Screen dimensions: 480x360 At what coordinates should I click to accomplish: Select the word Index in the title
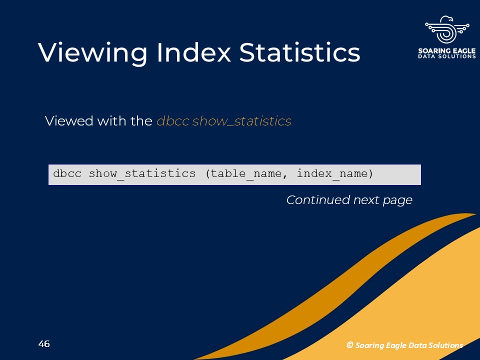pyautogui.click(x=193, y=52)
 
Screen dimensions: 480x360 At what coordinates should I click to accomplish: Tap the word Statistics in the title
pyautogui.click(x=299, y=52)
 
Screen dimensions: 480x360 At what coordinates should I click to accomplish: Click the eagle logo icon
pyautogui.click(x=447, y=30)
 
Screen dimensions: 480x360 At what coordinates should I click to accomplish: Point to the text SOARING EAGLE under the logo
pyautogui.click(x=447, y=50)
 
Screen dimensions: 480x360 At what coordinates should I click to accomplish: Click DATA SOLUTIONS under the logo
pyautogui.click(x=447, y=56)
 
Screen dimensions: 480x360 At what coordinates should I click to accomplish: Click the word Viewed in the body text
pyautogui.click(x=69, y=120)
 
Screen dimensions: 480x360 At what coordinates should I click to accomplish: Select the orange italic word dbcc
pyautogui.click(x=173, y=120)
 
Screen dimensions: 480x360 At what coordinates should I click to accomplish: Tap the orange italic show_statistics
pyautogui.click(x=242, y=121)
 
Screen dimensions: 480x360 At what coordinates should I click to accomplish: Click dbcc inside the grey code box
pyautogui.click(x=67, y=173)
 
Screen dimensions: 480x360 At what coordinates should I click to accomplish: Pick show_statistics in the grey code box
pyautogui.click(x=142, y=174)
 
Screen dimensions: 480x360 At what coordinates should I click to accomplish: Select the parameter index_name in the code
pyautogui.click(x=332, y=174)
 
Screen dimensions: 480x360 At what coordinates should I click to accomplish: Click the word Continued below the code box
pyautogui.click(x=318, y=200)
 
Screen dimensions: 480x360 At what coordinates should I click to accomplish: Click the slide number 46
pyautogui.click(x=44, y=344)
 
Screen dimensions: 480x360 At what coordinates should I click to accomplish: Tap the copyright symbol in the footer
pyautogui.click(x=350, y=345)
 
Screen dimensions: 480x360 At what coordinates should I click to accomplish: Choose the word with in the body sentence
pyautogui.click(x=112, y=120)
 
